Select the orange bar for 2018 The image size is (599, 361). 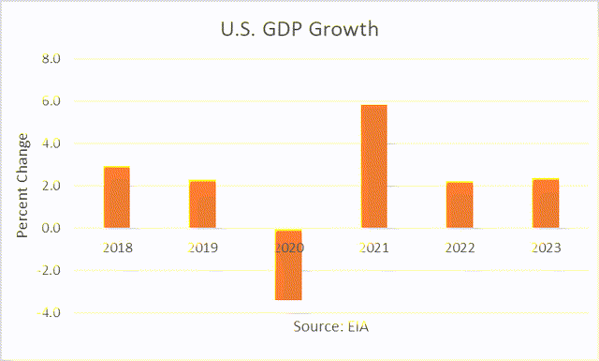(x=117, y=198)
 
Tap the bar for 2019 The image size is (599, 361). (x=202, y=204)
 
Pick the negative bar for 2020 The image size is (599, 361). (x=288, y=264)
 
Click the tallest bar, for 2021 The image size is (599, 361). (x=373, y=166)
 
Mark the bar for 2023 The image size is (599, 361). (x=545, y=203)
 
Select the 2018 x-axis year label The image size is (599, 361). (x=117, y=248)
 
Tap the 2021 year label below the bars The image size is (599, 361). (x=373, y=248)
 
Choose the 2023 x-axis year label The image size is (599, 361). (x=545, y=248)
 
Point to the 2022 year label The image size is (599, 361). (x=460, y=248)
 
